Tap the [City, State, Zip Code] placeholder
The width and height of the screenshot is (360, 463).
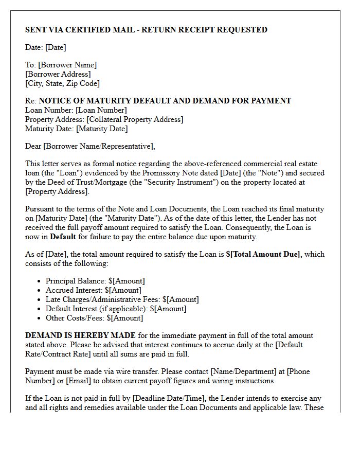pos(62,83)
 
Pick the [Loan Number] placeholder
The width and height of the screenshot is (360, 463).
pos(101,110)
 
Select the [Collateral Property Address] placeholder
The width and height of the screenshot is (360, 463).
pos(135,119)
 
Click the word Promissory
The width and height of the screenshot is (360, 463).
pos(187,173)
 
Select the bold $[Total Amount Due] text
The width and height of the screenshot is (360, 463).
pos(263,254)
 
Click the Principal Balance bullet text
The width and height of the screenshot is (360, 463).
pos(95,281)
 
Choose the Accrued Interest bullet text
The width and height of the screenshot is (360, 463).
pos(94,290)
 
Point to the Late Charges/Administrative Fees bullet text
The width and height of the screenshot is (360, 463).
pos(122,299)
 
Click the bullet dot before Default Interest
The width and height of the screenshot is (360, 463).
pos(40,309)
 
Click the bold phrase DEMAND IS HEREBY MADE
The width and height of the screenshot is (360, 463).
pos(80,335)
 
